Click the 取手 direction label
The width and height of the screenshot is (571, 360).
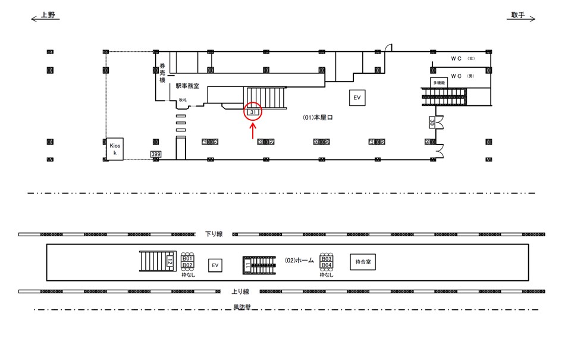517,15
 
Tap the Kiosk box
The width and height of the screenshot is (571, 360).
115,149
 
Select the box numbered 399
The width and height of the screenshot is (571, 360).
156,155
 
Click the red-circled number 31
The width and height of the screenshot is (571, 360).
253,112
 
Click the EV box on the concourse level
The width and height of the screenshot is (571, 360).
357,98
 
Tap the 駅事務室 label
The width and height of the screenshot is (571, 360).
187,86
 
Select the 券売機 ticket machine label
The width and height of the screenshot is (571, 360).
161,72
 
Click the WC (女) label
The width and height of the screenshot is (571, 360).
462,59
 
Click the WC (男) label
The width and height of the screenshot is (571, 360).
462,76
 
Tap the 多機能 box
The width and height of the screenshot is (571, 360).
439,83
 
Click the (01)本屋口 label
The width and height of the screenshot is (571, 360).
317,118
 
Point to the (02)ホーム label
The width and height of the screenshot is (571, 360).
299,261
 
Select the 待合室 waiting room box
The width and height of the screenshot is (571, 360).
363,262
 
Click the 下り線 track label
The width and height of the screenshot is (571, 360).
213,234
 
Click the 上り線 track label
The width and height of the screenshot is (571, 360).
240,292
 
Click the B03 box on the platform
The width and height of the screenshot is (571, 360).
326,259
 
